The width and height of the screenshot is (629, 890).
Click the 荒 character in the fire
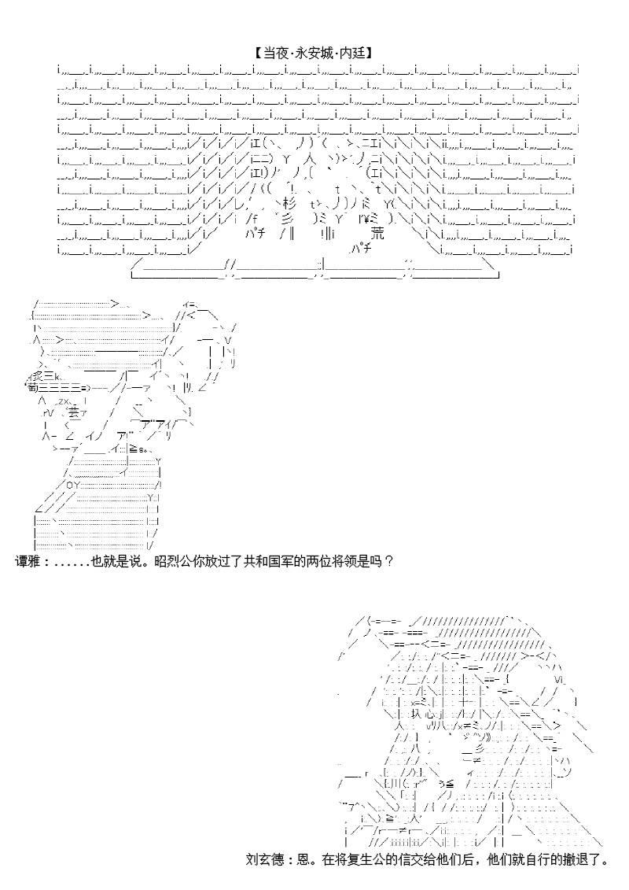click(x=378, y=234)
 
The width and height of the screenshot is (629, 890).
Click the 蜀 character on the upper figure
click(x=32, y=387)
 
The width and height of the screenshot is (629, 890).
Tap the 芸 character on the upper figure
click(x=72, y=412)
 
